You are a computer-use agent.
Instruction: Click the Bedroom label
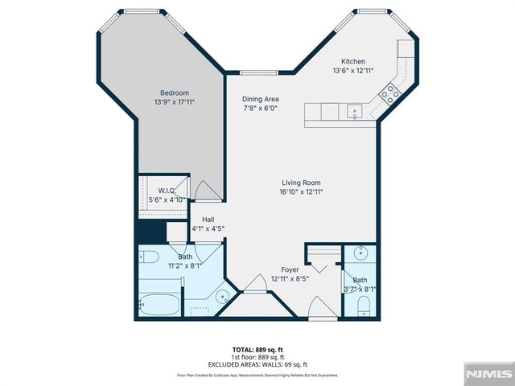coord(175,93)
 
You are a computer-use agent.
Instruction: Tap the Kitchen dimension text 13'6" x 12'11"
coord(353,72)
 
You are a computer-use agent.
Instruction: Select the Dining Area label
coord(260,100)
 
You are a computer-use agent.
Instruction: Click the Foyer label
coord(290,269)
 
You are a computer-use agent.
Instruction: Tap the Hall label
coord(208,219)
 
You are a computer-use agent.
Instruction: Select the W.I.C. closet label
coord(161,190)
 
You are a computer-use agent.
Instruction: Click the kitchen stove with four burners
coord(390,93)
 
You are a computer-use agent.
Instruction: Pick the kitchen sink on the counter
coord(353,111)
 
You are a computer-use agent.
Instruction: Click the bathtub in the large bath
coord(159,305)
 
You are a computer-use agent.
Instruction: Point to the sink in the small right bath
coord(361,253)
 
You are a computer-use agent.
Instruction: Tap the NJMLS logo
coord(488,374)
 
